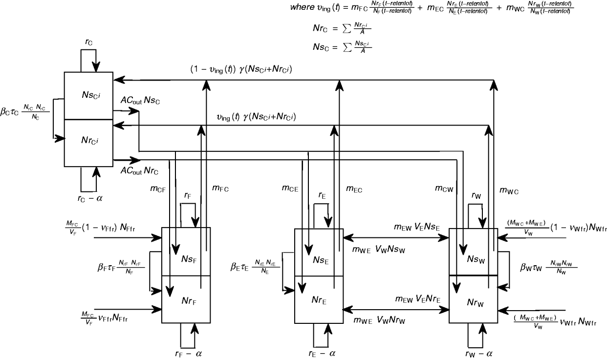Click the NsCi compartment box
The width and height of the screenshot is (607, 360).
click(x=88, y=96)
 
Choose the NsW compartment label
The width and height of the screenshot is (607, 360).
click(x=474, y=257)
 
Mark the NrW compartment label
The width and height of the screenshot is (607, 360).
click(x=474, y=303)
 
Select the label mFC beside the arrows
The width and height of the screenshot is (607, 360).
click(x=220, y=188)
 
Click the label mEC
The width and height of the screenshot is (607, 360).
click(x=355, y=188)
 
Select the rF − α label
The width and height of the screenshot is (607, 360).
click(x=188, y=353)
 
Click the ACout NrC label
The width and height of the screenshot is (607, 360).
click(x=140, y=171)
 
